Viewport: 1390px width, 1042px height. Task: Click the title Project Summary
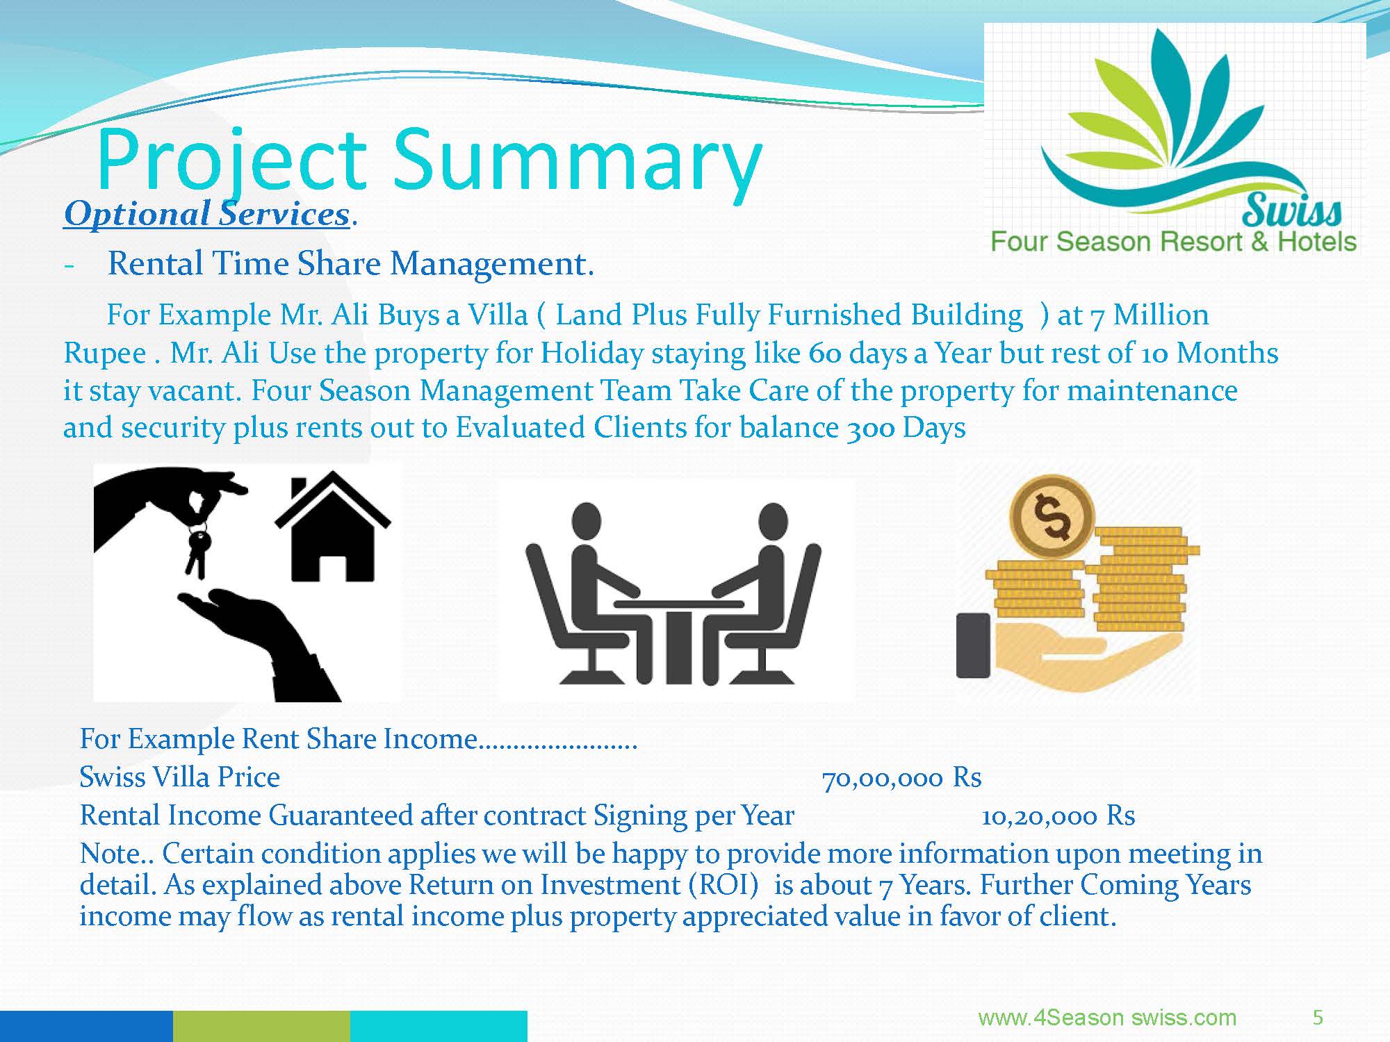pos(430,161)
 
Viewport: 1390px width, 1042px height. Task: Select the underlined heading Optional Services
pos(206,214)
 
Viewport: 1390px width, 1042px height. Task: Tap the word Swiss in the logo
pos(1292,211)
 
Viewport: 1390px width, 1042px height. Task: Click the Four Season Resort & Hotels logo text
pos(1173,242)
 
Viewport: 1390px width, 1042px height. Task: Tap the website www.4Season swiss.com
pos(1107,1018)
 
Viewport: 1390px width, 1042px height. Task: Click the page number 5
pos(1318,1018)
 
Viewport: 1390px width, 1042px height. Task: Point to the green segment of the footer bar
pos(261,1026)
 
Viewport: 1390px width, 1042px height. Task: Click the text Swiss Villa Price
pos(179,777)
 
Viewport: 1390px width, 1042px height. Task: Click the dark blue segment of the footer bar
pos(86,1026)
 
